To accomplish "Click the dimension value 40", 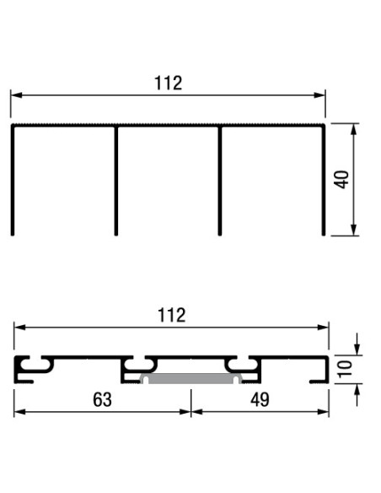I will click(341, 180).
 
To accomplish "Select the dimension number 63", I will click(102, 399).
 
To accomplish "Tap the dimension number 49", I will click(260, 399).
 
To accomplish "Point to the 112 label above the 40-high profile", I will click(169, 83).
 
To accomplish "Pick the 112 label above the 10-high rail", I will click(171, 315).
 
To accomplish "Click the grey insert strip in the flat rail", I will click(188, 377).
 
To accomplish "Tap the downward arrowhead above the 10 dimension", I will click(357, 348).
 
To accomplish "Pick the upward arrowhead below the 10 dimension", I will click(357, 389).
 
